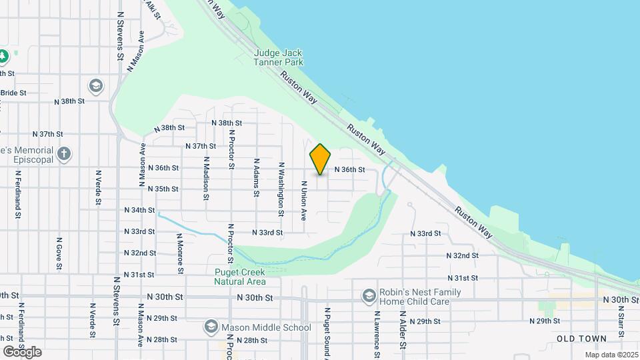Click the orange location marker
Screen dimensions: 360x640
(321, 159)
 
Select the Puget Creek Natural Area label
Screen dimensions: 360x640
(240, 277)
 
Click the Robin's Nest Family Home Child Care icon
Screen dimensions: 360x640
(369, 295)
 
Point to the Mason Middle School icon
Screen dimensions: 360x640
(211, 327)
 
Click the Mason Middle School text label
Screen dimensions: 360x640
(267, 327)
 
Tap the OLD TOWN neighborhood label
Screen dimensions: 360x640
(582, 339)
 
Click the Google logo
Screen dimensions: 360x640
(22, 351)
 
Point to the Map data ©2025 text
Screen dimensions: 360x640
(612, 355)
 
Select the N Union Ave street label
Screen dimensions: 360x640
(303, 201)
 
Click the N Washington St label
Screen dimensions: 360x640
(281, 189)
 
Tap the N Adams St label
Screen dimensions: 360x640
(256, 177)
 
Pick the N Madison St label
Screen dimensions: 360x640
(206, 178)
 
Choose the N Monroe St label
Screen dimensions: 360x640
(180, 253)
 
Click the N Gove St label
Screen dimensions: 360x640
(59, 254)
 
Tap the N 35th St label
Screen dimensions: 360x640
(163, 189)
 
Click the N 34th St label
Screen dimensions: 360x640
(139, 210)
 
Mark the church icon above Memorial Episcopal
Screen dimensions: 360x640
(63, 155)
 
